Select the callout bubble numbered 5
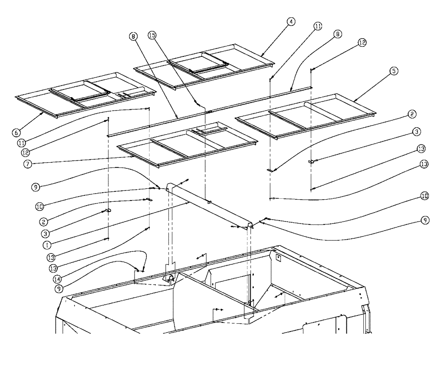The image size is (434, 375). pos(393,71)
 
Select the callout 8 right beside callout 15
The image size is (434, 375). pos(134,37)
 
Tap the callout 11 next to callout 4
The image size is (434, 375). pos(318,26)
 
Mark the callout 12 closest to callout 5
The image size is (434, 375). pos(362,43)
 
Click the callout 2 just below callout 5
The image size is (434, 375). pos(412,115)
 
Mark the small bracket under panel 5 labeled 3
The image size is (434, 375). pos(311,161)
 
